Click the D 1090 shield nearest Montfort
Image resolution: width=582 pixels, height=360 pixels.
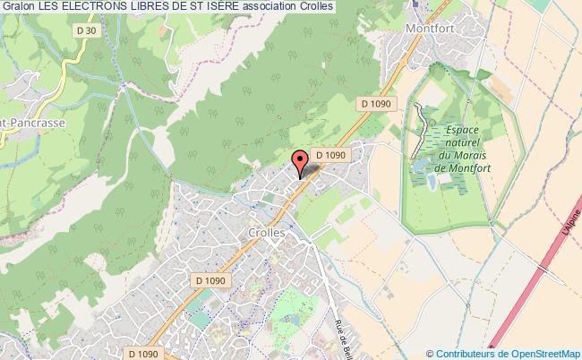coord(378,104)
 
